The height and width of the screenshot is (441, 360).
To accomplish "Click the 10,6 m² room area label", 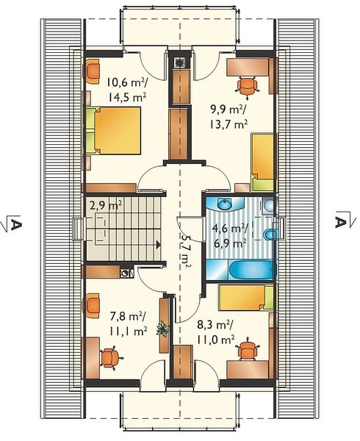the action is coord(126,83).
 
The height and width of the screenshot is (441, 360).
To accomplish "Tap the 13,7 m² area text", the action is coord(228,123).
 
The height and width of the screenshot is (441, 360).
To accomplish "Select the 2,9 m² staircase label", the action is coord(106,205).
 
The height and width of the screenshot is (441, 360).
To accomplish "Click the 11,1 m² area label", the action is coord(129,331).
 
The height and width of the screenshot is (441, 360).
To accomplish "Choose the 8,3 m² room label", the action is coord(215,326).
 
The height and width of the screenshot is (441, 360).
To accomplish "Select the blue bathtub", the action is coord(251,270).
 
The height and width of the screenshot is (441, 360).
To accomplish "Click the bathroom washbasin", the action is coord(225,204).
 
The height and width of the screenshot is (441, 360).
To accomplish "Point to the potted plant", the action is coord(162,329).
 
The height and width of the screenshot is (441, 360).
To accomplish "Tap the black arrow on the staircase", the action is coord(159,245).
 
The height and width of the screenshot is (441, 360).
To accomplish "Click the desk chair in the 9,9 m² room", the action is coord(248,86).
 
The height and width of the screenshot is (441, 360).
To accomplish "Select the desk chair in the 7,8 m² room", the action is coord(111,357).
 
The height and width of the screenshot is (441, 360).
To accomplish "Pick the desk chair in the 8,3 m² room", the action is coord(248,348).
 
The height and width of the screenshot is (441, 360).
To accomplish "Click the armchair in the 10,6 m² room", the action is coord(91,71).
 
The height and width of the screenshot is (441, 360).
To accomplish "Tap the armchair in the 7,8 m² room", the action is coord(91,306).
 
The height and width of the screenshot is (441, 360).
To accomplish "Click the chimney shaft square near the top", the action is coord(179,62).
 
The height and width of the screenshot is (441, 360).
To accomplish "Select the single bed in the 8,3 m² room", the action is coord(246,298).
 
